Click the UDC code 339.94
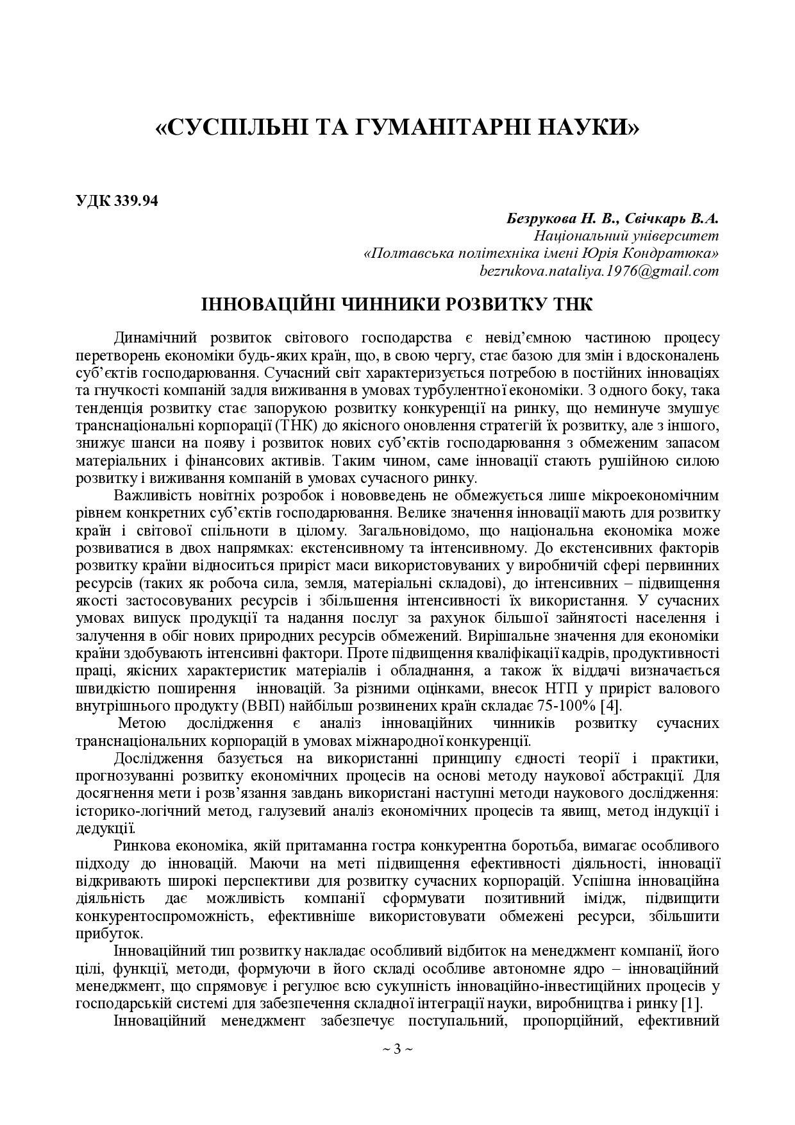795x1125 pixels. coord(136,200)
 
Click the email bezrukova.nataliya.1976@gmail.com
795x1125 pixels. coord(599,271)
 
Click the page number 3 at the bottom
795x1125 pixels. coord(397,1049)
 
